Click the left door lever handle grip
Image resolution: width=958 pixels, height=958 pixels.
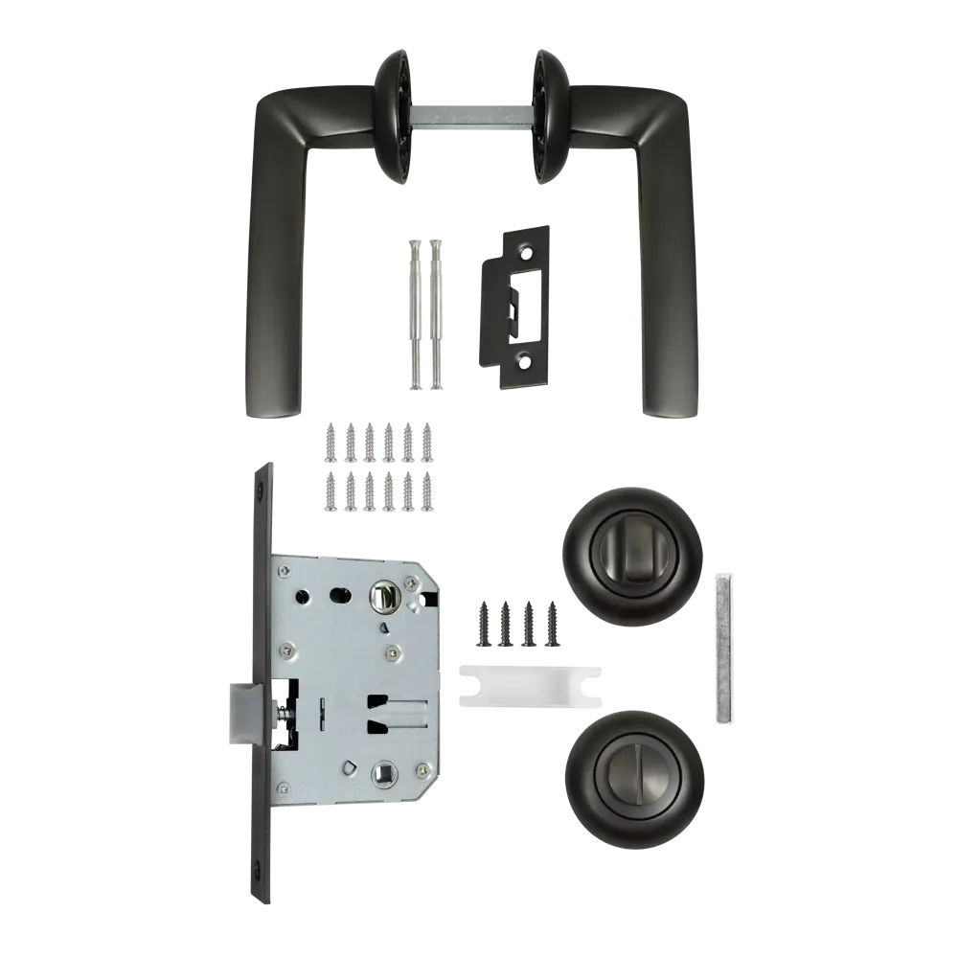266,287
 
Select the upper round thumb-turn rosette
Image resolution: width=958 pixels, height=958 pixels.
632,558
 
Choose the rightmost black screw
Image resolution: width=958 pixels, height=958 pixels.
551,624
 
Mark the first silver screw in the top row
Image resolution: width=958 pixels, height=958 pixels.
331,439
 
